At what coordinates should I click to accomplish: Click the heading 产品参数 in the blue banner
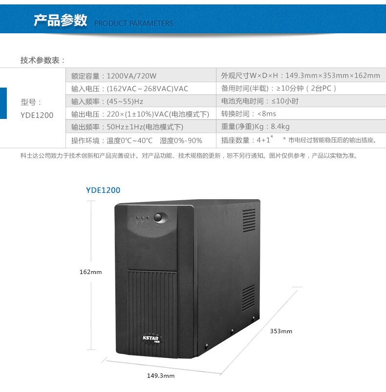[60, 21]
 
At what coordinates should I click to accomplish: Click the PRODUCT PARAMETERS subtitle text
[133, 23]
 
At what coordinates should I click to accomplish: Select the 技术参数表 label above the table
[43, 60]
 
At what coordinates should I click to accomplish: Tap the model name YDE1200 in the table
[37, 115]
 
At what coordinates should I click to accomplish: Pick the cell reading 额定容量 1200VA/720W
[113, 75]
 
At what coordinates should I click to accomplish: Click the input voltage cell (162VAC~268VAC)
[129, 89]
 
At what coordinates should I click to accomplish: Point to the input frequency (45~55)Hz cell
[107, 101]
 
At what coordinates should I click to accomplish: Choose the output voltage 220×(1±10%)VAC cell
[140, 114]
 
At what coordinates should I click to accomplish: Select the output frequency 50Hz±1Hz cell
[127, 127]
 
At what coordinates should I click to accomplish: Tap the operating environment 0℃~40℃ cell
[136, 140]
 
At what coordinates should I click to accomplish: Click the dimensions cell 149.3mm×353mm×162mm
[300, 75]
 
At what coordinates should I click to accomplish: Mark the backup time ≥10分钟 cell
[279, 89]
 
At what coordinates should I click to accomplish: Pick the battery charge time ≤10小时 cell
[259, 101]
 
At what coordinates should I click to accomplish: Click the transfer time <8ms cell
[248, 114]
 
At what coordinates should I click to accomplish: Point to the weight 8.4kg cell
[255, 127]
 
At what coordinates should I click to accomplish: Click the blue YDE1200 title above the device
[103, 190]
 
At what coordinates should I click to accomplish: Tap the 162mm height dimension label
[90, 272]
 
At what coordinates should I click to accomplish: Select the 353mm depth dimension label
[281, 331]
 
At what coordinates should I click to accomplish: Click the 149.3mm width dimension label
[161, 376]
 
